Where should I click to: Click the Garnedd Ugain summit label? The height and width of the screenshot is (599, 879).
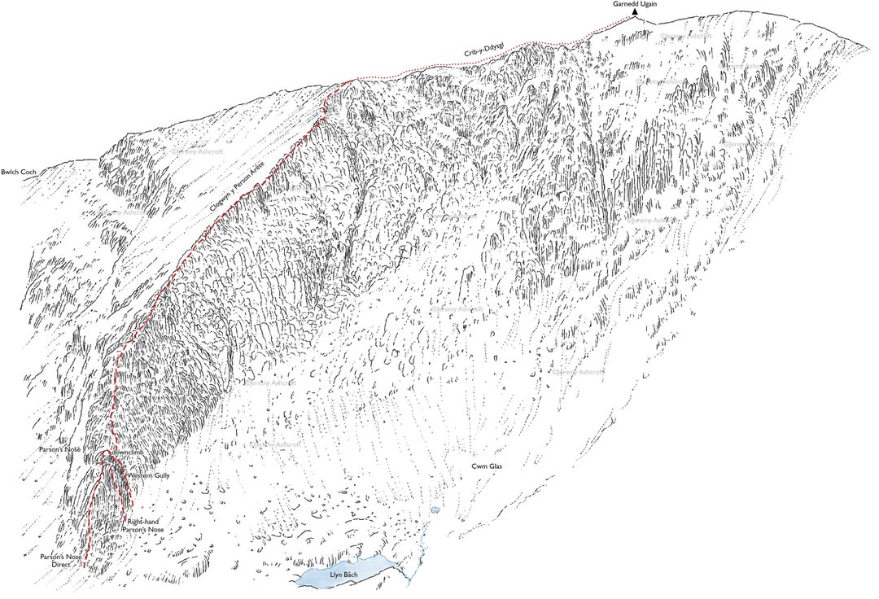click(635, 4)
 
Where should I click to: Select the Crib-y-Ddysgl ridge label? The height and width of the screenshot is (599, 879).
click(483, 50)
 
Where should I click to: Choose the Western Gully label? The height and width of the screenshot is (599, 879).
click(148, 474)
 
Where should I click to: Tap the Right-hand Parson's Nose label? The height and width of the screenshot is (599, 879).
click(143, 525)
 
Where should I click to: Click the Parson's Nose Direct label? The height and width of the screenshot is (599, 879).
click(60, 560)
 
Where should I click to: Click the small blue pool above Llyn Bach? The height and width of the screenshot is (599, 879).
click(435, 510)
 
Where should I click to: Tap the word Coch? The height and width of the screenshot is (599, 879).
click(29, 173)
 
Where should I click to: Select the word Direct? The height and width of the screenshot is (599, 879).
click(60, 564)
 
